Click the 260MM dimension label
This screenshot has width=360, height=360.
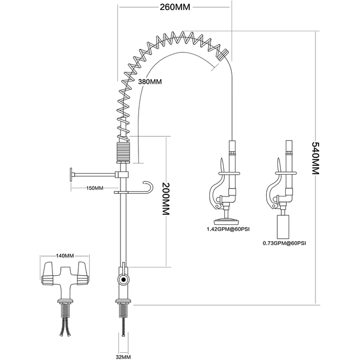tap(174, 7)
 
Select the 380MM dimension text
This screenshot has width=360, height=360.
tap(150, 82)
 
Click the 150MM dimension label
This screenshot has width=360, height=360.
tap(94, 188)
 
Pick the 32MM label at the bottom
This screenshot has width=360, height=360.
tap(123, 356)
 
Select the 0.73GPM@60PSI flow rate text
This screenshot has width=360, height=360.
tap(285, 243)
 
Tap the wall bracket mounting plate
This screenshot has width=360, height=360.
tap(71, 175)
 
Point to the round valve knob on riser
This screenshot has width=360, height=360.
tap(123, 278)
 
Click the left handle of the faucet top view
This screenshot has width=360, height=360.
tap(50, 271)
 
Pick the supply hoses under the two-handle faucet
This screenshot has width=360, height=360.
tap(65, 328)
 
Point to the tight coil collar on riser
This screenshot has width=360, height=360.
tap(123, 151)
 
